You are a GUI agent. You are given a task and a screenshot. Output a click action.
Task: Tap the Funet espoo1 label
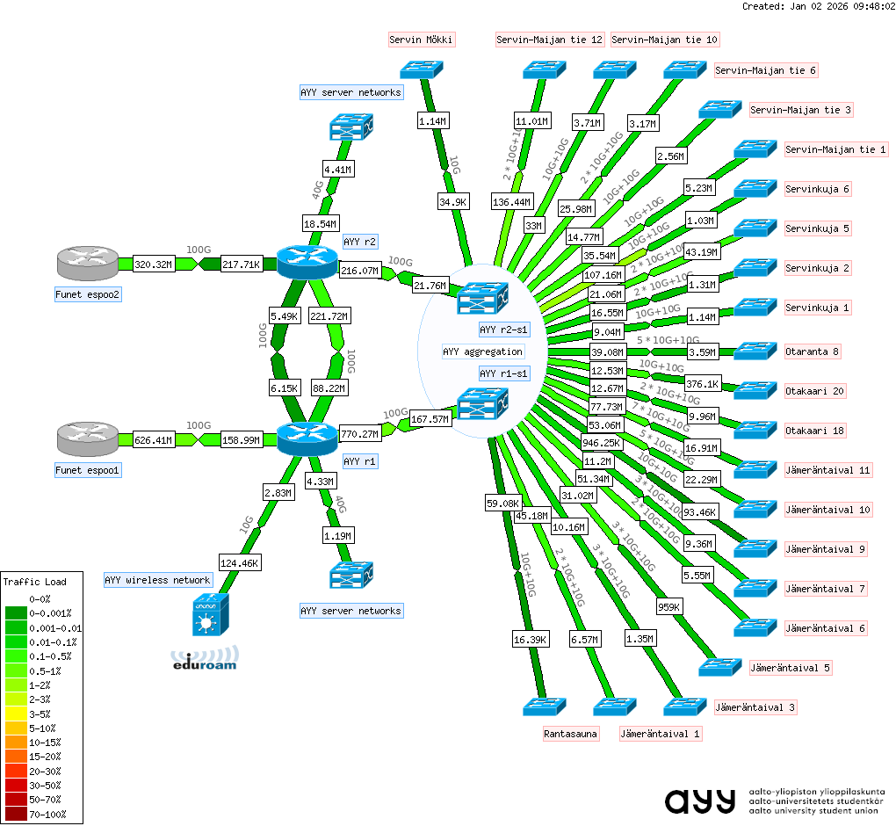click(x=88, y=470)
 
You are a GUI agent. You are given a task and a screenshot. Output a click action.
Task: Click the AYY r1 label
click(x=360, y=460)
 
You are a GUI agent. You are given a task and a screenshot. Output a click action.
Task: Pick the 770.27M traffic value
click(x=360, y=433)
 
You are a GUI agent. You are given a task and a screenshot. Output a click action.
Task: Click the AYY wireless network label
click(x=157, y=580)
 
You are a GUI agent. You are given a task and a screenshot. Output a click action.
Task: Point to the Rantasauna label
click(x=571, y=734)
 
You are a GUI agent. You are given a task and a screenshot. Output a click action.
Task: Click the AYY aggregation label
click(x=483, y=351)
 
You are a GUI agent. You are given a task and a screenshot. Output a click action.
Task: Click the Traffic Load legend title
click(x=34, y=581)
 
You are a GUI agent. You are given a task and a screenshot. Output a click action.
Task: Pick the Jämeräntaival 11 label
click(x=827, y=470)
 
